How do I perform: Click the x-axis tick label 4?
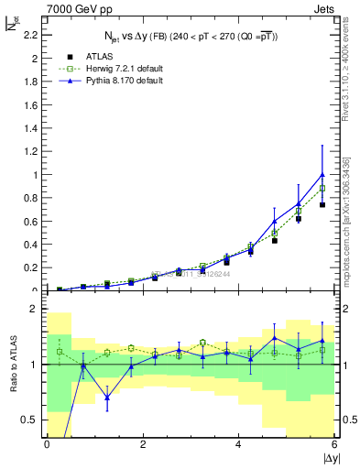pyautogui.click(x=239, y=444)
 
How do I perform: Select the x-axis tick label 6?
pyautogui.click(x=335, y=444)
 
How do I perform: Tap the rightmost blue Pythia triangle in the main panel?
pyautogui.click(x=322, y=174)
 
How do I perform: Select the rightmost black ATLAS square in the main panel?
pyautogui.click(x=322, y=205)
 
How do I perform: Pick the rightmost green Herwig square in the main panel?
pyautogui.click(x=322, y=189)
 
